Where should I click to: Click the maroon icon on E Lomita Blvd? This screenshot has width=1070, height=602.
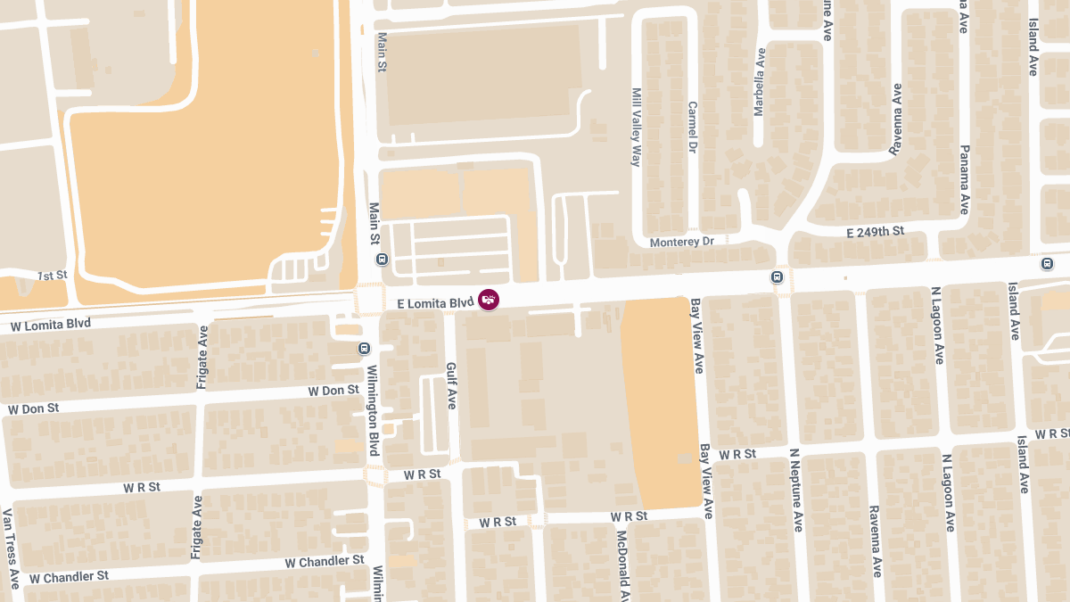(489, 300)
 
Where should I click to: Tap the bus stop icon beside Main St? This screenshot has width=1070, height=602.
(383, 260)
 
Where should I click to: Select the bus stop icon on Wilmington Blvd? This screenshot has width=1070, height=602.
(364, 349)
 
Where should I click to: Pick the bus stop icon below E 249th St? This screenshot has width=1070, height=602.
(778, 277)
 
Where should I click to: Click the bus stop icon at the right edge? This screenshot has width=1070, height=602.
(1047, 264)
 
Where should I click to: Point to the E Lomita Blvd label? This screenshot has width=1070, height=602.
(434, 304)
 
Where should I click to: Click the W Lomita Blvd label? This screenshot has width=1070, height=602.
(51, 325)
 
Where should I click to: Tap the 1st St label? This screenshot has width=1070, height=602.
(53, 276)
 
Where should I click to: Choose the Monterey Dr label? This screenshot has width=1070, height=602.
(682, 242)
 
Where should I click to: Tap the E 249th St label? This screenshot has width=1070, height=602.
(875, 232)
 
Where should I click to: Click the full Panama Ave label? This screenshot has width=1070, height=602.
(964, 179)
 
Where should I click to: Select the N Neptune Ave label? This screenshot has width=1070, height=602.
(794, 490)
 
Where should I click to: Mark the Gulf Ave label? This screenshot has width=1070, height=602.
(451, 386)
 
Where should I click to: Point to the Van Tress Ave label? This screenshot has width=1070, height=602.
(10, 548)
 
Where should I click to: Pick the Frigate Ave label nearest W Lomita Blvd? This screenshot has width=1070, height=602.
(202, 358)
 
